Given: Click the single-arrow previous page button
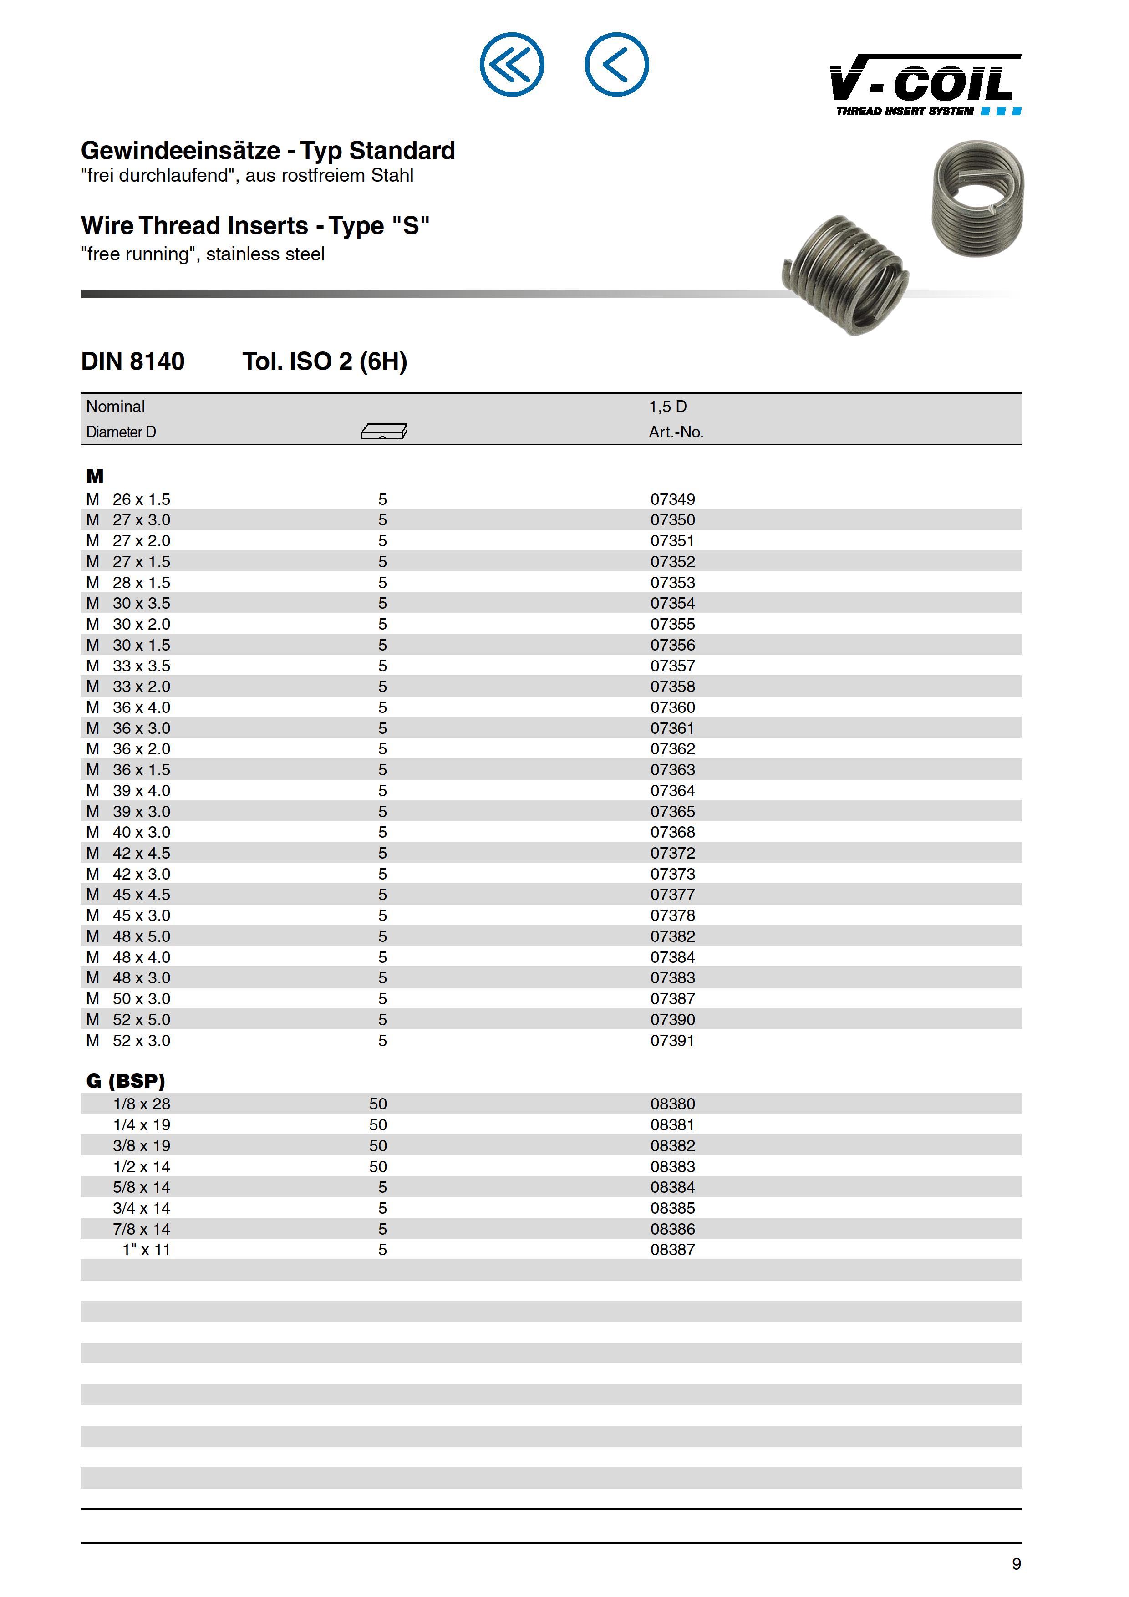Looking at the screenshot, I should pyautogui.click(x=616, y=65).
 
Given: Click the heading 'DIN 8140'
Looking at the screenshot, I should pyautogui.click(x=133, y=361).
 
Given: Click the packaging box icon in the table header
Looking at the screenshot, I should pyautogui.click(x=384, y=432).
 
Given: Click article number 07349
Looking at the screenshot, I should pyautogui.click(x=673, y=499).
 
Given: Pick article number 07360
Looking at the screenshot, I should pyautogui.click(x=673, y=707).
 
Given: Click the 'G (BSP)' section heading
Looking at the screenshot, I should pyautogui.click(x=126, y=1081).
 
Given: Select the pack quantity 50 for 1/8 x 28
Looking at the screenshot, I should pyautogui.click(x=378, y=1104).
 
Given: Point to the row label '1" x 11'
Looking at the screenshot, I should pyautogui.click(x=146, y=1250).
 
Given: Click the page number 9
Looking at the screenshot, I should pyautogui.click(x=1016, y=1564).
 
